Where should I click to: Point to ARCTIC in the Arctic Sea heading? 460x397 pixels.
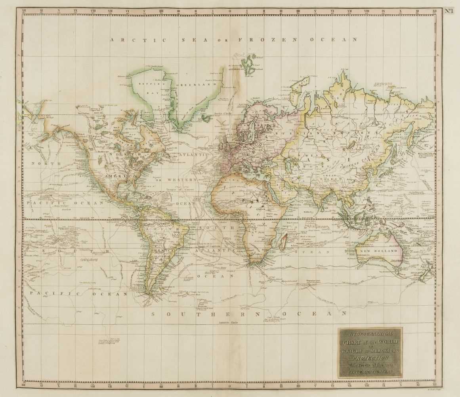(127, 40)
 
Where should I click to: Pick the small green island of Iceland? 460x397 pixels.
(206, 118)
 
